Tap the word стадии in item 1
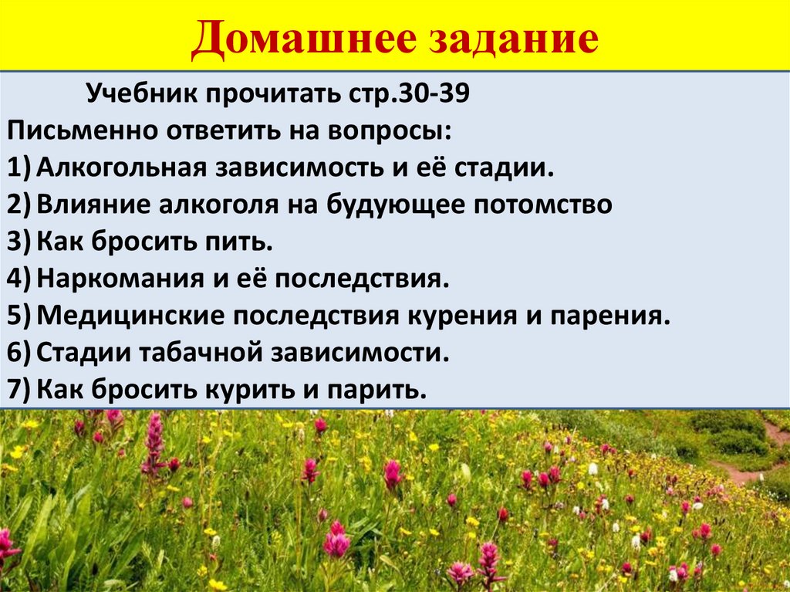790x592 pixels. (x=508, y=167)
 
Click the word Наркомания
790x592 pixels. (x=116, y=279)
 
